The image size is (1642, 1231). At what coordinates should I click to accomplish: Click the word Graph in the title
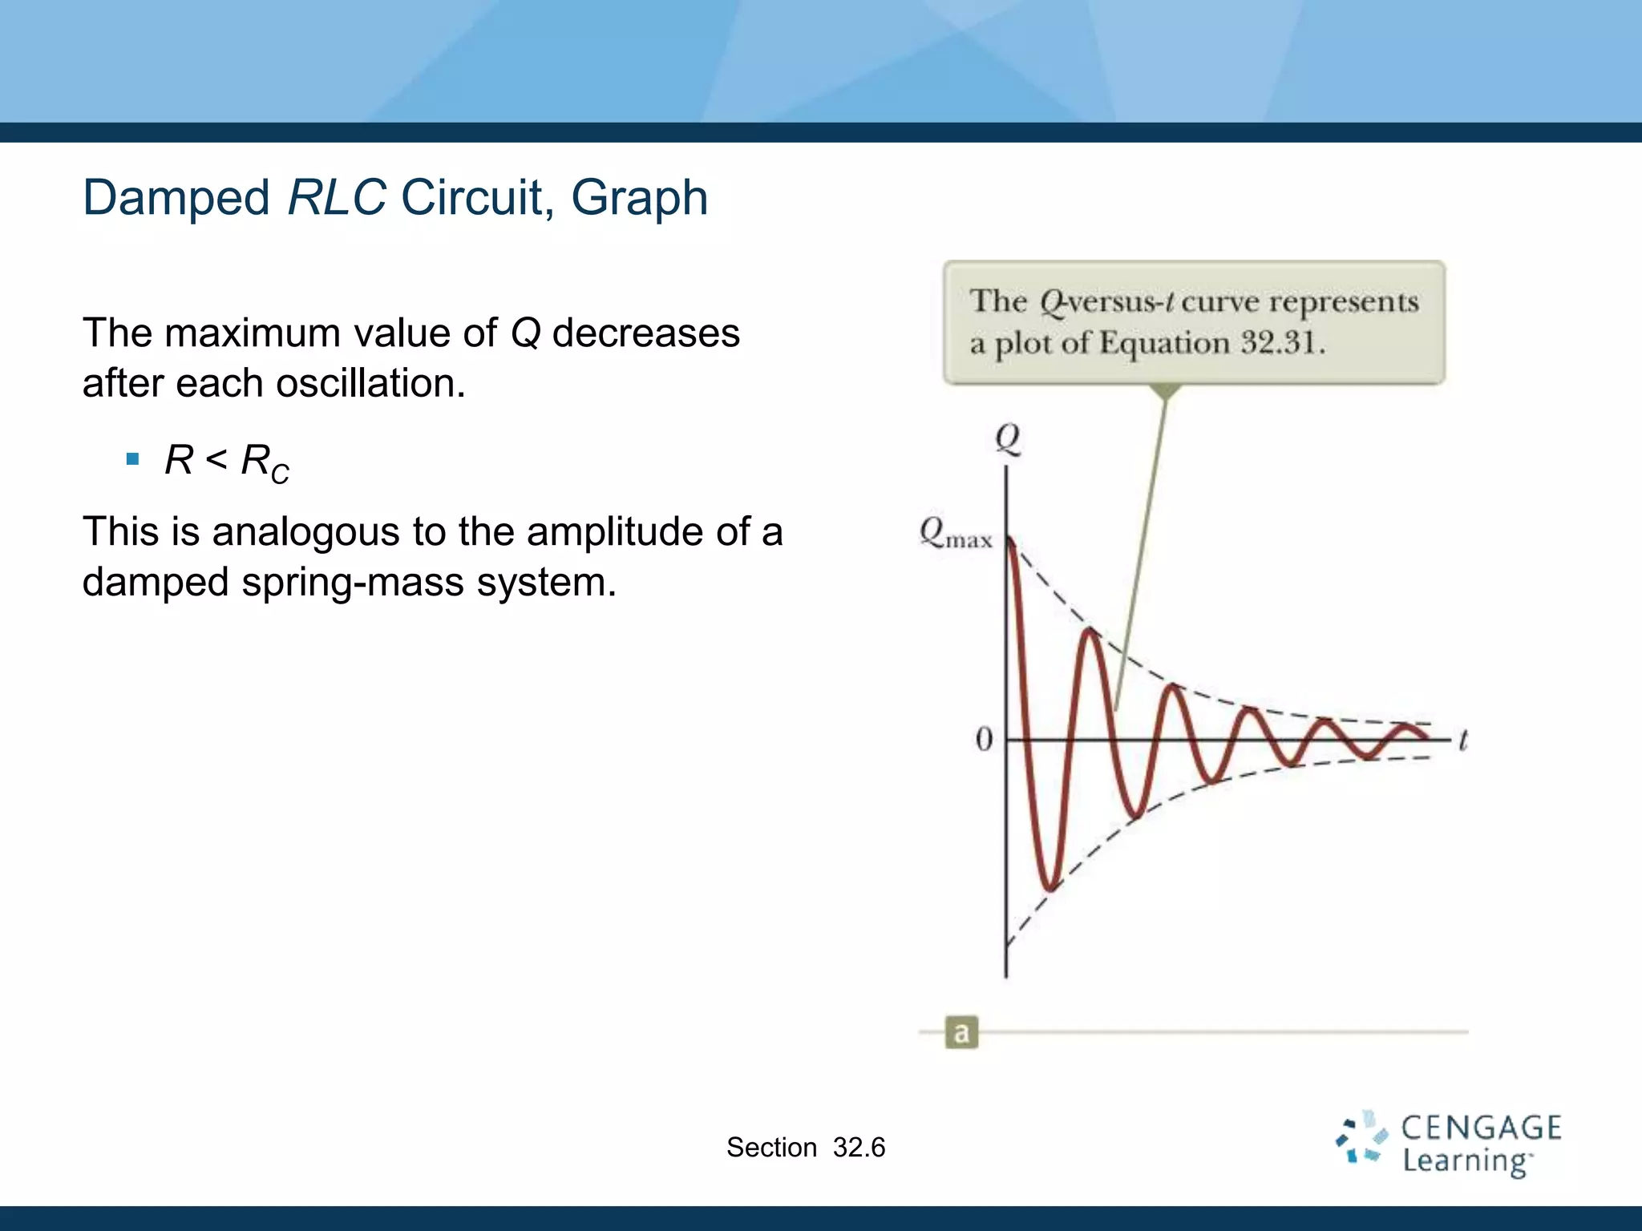tap(639, 198)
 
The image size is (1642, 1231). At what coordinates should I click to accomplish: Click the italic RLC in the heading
tap(337, 198)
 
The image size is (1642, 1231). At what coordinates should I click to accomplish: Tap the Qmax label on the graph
tap(955, 533)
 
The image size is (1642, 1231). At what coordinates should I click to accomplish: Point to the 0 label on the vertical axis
tap(984, 740)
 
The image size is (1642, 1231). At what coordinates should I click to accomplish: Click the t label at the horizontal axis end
tap(1462, 740)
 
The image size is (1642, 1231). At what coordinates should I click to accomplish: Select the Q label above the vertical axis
tap(1007, 438)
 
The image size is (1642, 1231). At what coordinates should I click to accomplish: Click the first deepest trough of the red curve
tap(1050, 888)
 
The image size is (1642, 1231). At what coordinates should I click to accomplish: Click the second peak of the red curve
tap(1090, 632)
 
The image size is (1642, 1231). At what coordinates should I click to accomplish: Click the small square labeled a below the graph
tap(961, 1032)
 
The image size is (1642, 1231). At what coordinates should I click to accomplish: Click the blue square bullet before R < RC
tap(133, 460)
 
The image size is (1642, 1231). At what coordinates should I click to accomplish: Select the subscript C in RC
tap(280, 474)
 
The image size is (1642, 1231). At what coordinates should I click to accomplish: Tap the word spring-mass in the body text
tap(353, 582)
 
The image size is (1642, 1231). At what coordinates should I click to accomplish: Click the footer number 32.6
tap(859, 1148)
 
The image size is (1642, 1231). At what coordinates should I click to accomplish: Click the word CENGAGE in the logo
tap(1480, 1128)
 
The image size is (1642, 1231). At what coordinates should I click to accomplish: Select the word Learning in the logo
tap(1466, 1161)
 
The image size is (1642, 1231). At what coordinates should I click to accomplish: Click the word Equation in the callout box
tap(1164, 344)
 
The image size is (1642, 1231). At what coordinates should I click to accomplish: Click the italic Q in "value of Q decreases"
tap(525, 333)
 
